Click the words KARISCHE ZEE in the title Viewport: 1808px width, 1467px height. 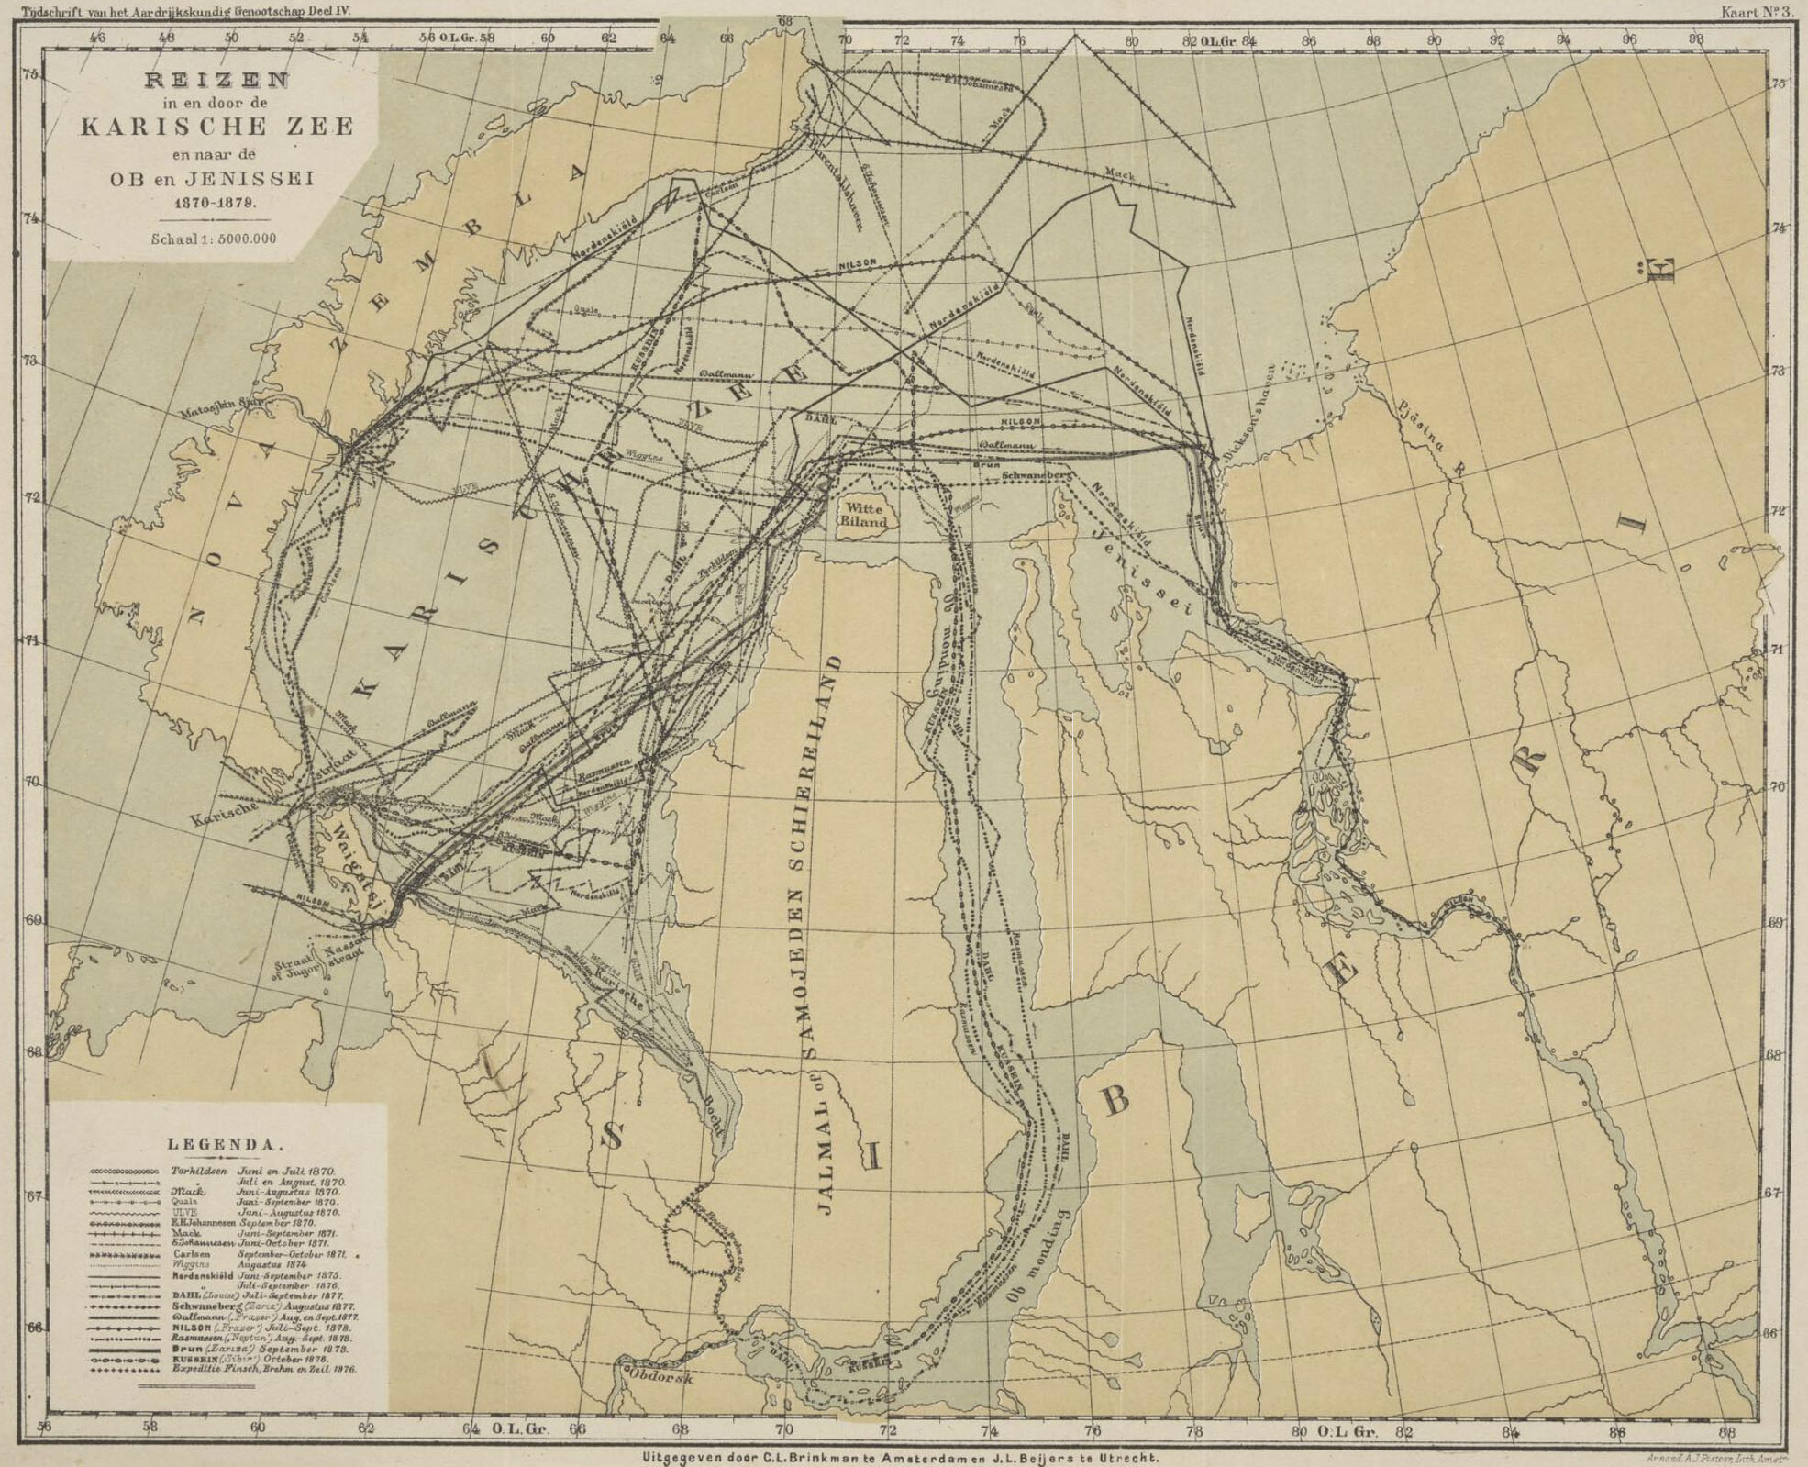coord(216,127)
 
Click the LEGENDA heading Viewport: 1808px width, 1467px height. coord(224,1144)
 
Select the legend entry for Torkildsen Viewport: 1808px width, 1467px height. coord(198,1172)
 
